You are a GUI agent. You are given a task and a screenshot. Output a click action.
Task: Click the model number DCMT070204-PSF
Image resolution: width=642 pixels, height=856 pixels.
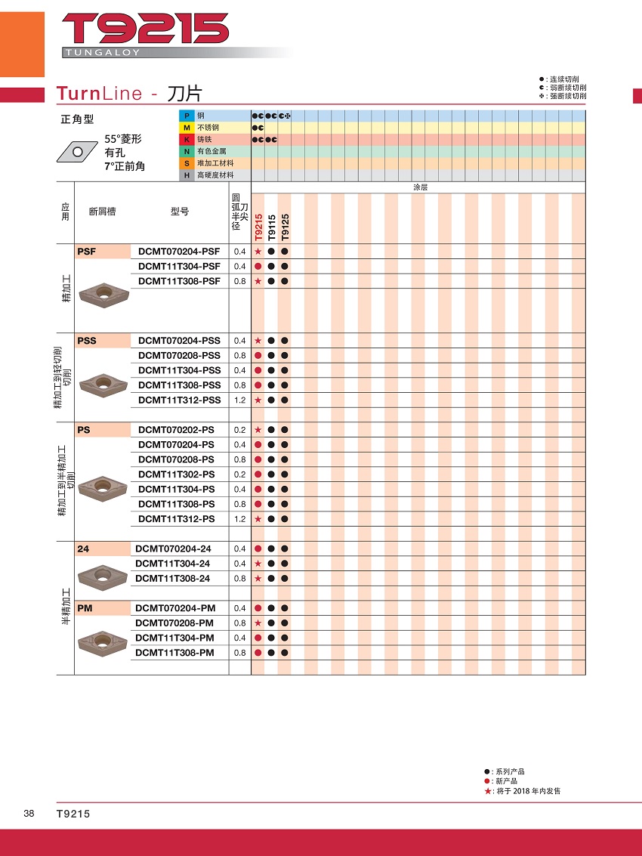coord(179,251)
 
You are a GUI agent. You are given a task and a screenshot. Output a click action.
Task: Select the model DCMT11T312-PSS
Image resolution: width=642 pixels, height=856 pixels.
coord(180,400)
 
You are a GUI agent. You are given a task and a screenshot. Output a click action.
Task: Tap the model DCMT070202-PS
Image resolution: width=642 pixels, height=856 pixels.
coord(177,430)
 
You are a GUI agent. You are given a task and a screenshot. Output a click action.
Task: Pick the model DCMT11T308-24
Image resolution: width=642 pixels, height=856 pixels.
coord(172,579)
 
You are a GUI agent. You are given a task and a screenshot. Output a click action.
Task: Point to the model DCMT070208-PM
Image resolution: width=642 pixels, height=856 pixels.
coord(174,623)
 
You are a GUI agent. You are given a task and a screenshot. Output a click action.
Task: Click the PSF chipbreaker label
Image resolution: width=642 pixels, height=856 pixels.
coord(87,251)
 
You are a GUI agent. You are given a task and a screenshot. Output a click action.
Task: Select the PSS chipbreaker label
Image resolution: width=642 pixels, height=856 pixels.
coord(87,341)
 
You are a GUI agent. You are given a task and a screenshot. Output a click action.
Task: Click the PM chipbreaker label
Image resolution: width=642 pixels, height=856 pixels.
coord(84,608)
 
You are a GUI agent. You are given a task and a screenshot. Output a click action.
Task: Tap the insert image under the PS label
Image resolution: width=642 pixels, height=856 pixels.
coord(103,483)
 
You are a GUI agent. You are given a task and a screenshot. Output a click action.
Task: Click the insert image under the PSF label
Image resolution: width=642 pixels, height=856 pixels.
coord(103,291)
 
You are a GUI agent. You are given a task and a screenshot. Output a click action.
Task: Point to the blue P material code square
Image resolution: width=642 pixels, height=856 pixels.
coord(186,116)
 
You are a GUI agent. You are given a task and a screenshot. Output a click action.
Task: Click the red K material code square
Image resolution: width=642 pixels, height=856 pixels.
coord(186,140)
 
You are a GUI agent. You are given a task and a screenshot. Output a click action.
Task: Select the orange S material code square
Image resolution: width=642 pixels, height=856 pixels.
coord(186,163)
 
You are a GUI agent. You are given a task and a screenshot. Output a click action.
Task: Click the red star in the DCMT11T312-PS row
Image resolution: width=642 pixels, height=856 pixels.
coord(258,519)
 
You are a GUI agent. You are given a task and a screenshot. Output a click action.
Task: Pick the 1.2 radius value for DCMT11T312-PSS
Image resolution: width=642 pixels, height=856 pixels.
coord(240,400)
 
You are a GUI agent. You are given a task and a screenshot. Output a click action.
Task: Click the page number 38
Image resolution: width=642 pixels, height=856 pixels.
coord(29,814)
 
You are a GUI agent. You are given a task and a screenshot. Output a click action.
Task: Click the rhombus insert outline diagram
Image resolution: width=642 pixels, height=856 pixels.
coord(76,151)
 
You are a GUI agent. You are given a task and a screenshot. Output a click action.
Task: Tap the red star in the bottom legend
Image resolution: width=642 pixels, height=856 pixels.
coord(488,791)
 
